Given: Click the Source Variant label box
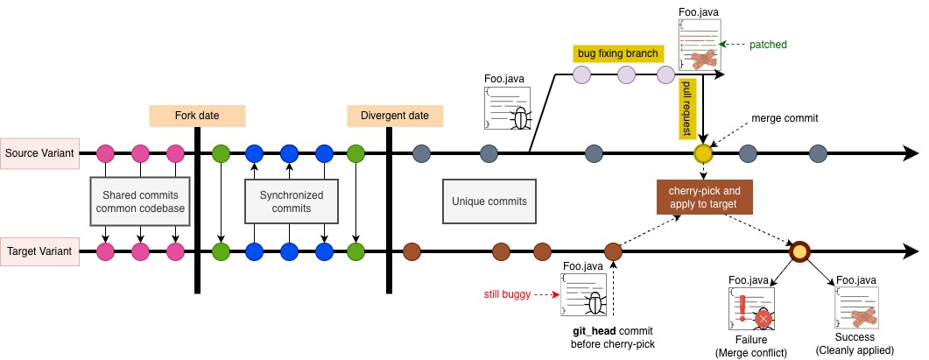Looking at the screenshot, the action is click(39, 153).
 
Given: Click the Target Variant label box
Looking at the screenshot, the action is click(39, 251).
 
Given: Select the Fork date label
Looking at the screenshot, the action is click(197, 116).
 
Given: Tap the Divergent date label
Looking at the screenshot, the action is click(395, 116).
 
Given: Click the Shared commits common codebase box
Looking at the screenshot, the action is click(140, 201).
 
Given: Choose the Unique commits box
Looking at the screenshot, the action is click(489, 201).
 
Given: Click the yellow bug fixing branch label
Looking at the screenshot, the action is click(617, 54).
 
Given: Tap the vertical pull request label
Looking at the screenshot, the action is click(688, 109).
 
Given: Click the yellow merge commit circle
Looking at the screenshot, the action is click(703, 153).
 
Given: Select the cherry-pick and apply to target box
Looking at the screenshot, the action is click(705, 197).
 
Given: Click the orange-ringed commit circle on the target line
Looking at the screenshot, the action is click(799, 251).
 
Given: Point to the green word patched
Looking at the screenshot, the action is click(768, 45).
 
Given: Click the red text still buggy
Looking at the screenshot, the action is click(507, 294).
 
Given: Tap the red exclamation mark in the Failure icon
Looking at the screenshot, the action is click(741, 307).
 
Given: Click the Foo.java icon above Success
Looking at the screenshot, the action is click(856, 307).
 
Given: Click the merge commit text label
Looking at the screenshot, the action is click(785, 118).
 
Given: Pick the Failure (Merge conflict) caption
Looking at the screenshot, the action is click(751, 346).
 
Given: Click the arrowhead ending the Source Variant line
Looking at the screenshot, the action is click(910, 153).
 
